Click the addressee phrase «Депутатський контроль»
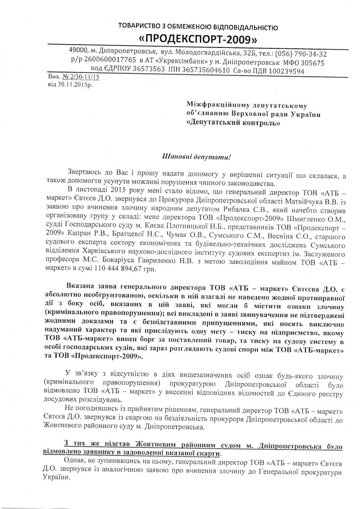tap(234, 123)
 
